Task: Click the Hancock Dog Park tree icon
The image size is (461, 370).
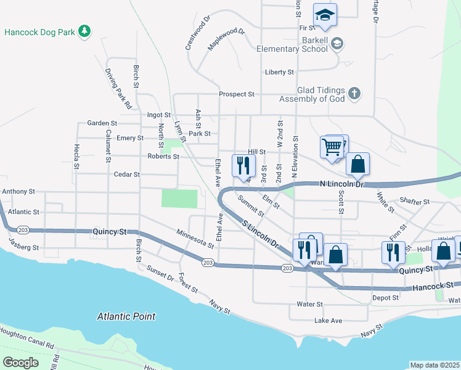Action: [85, 31]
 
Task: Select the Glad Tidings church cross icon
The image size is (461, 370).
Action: [354, 94]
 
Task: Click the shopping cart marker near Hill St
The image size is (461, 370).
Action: [332, 147]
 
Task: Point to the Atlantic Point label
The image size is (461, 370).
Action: [126, 316]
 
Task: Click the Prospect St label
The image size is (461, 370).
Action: [237, 94]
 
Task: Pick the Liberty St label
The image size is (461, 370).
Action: [279, 72]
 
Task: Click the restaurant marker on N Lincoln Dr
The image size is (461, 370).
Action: [243, 165]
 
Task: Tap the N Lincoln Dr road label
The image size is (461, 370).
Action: [343, 184]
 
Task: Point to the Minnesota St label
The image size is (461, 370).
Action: [194, 238]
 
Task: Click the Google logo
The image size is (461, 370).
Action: [20, 363]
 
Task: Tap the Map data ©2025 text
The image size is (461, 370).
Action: [434, 365]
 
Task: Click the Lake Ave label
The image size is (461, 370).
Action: [327, 321]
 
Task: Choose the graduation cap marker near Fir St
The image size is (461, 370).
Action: [325, 14]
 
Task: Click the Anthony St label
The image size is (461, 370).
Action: [18, 192]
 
